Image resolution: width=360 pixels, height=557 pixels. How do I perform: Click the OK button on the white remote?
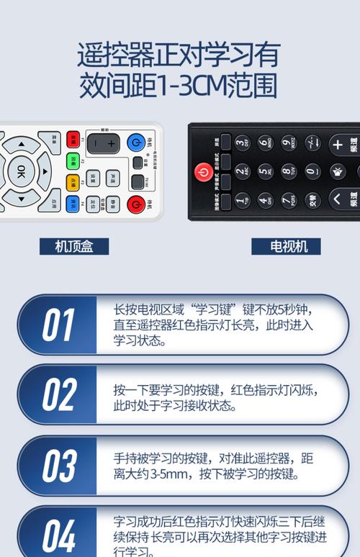pyautogui.click(x=21, y=171)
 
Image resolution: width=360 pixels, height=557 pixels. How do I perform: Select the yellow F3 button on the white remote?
pyautogui.click(x=72, y=183)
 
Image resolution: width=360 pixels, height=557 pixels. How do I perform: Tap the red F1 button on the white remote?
pyautogui.click(x=72, y=139)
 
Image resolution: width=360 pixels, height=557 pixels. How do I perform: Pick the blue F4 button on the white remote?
pyautogui.click(x=72, y=204)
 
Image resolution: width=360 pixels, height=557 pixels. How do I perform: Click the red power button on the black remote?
pyautogui.click(x=203, y=172)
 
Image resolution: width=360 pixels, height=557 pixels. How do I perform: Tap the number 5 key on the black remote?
pyautogui.click(x=265, y=171)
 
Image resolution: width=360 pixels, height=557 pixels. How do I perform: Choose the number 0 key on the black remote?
pyautogui.click(x=312, y=171)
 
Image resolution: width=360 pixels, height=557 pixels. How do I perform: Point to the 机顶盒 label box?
pyautogui.click(x=75, y=246)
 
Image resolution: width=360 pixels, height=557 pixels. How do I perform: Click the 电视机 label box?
pyautogui.click(x=285, y=246)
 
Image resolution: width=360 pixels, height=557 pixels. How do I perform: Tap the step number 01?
pyautogui.click(x=58, y=325)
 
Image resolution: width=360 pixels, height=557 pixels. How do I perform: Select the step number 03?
pyautogui.click(x=58, y=466)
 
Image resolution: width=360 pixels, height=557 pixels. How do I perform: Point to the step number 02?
pyautogui.click(x=58, y=395)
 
